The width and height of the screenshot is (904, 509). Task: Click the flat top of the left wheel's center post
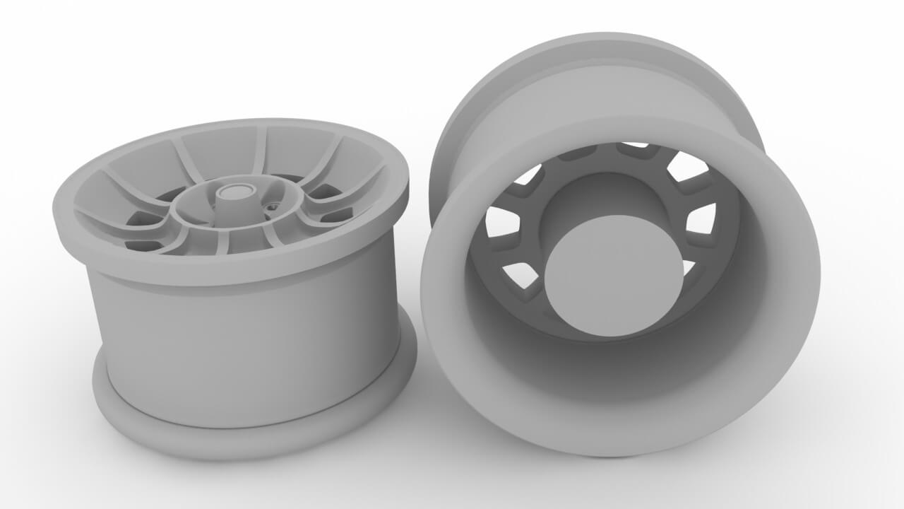tap(236, 191)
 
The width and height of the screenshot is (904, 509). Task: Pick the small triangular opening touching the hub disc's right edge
tap(689, 267)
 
